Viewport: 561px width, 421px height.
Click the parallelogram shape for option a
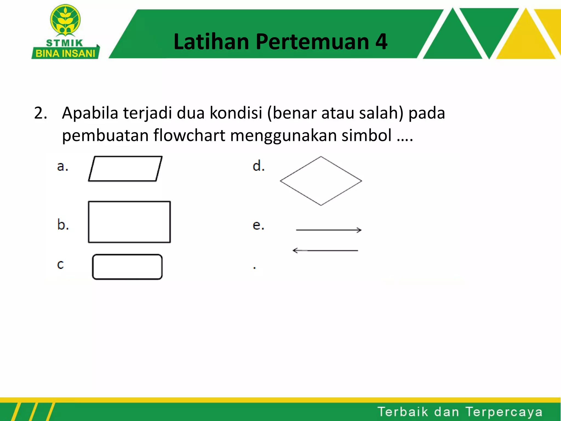click(125, 169)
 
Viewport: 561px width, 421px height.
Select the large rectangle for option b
click(129, 222)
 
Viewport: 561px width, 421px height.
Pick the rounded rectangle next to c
click(127, 267)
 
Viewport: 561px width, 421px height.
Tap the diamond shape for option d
click(321, 181)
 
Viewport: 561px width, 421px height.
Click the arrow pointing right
click(329, 230)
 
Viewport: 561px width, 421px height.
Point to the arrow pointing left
click(325, 251)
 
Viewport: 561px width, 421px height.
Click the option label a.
click(62, 166)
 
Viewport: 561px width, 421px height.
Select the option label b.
click(63, 225)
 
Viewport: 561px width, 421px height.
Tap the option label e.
click(258, 225)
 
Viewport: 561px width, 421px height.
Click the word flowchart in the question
click(189, 135)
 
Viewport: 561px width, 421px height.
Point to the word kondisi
click(236, 113)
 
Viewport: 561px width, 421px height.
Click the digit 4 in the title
click(381, 42)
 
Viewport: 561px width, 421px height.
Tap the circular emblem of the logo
click(65, 20)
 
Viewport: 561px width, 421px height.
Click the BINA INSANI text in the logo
click(65, 53)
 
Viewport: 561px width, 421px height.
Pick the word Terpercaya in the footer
click(504, 412)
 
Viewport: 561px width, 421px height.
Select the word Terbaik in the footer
click(403, 412)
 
